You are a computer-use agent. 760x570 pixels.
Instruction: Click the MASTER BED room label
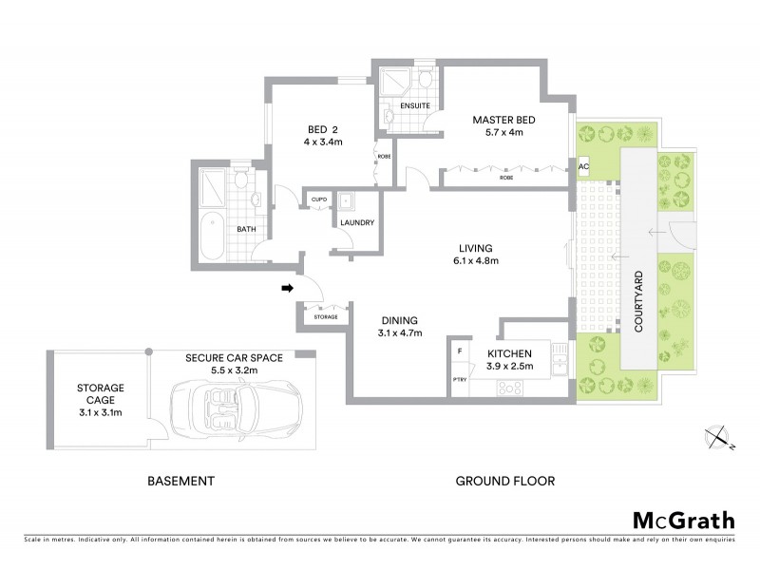tap(504, 120)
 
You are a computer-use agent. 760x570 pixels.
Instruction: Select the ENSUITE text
tap(414, 105)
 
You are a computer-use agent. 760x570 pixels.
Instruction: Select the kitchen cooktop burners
tap(508, 387)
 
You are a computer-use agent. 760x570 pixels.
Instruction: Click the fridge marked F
tap(461, 351)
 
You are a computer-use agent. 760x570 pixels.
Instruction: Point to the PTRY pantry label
tap(460, 383)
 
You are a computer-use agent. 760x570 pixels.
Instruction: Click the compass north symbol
tap(718, 437)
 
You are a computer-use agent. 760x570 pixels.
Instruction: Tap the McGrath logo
tap(683, 520)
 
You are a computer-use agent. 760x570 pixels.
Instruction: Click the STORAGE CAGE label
tap(101, 393)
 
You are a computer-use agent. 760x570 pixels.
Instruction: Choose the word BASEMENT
tap(180, 482)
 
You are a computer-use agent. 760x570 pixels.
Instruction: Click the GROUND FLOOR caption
tap(504, 482)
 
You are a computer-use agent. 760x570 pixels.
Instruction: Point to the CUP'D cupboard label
tap(315, 199)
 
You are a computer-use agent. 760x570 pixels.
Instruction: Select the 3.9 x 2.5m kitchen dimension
tap(511, 365)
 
